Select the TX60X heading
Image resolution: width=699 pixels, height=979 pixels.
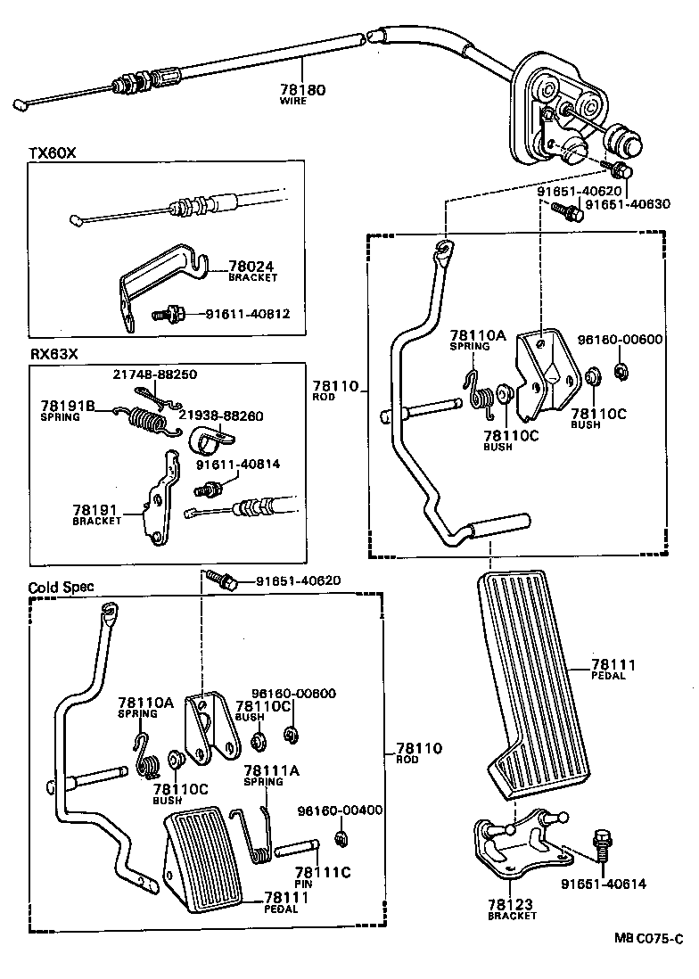pyautogui.click(x=53, y=152)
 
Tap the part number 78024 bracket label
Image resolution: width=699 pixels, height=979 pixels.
pyautogui.click(x=252, y=266)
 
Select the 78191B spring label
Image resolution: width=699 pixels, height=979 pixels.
pyautogui.click(x=67, y=405)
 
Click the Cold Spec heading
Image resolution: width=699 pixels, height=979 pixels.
pyautogui.click(x=61, y=588)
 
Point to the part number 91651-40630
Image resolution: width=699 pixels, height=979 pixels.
pyautogui.click(x=628, y=203)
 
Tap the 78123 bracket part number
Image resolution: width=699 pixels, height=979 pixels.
pyautogui.click(x=512, y=904)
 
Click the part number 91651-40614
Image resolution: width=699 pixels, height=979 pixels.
pyautogui.click(x=604, y=884)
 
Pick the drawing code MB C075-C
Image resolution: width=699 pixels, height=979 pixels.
pyautogui.click(x=648, y=938)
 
